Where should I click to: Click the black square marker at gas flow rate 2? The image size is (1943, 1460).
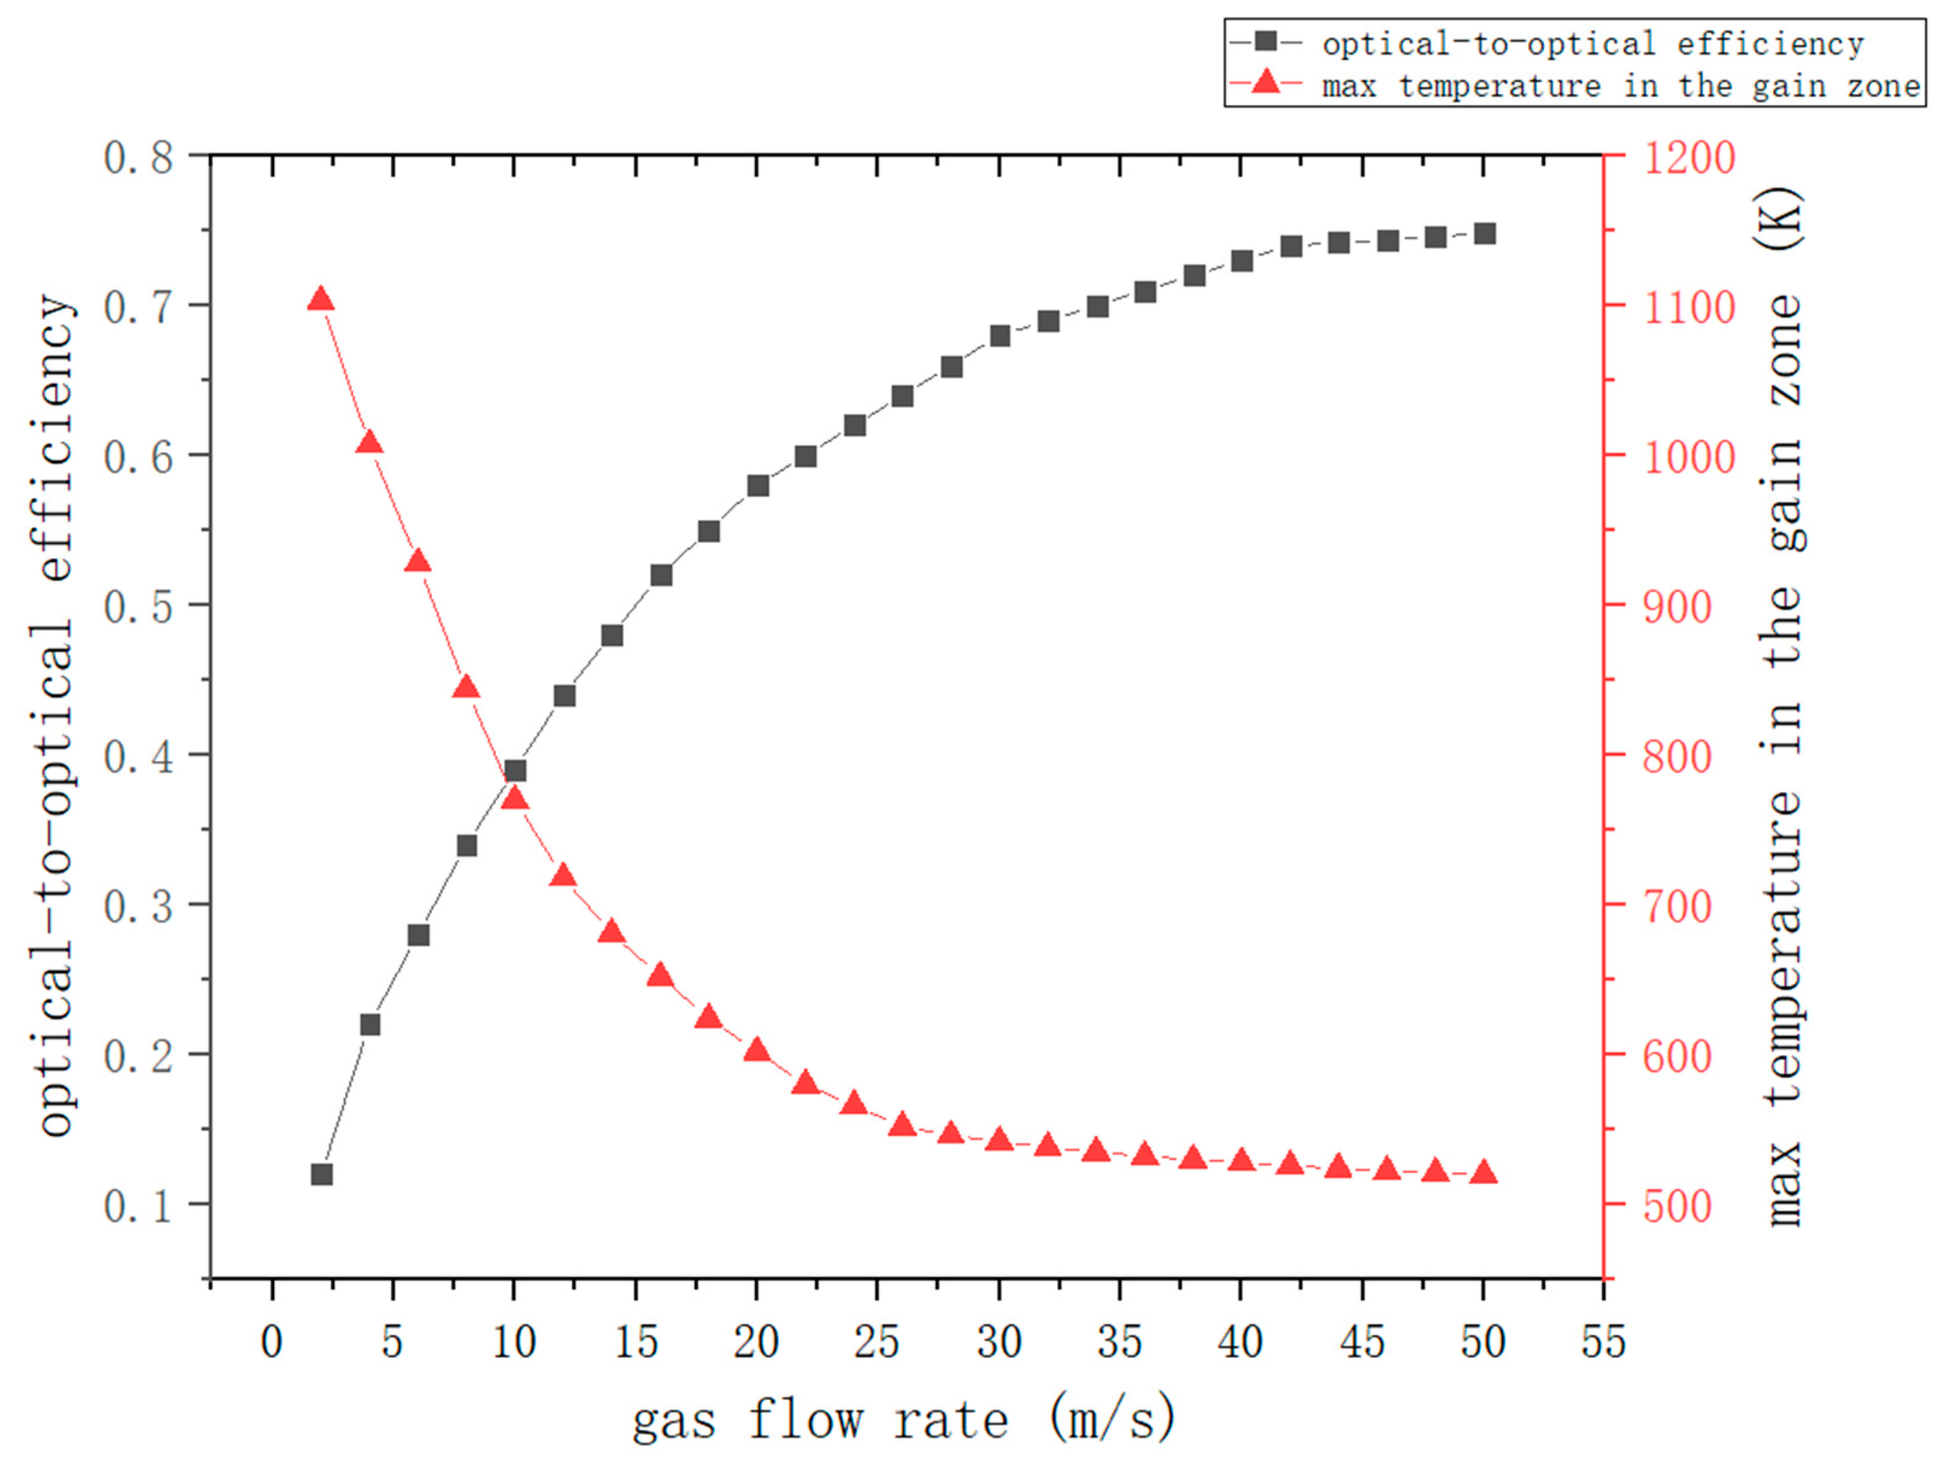[x=322, y=1175]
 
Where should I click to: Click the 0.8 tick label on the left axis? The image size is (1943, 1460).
[x=139, y=158]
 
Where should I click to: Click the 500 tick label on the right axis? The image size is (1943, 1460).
[x=1678, y=1206]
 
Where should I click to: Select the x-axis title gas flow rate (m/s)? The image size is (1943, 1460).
[x=905, y=1418]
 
